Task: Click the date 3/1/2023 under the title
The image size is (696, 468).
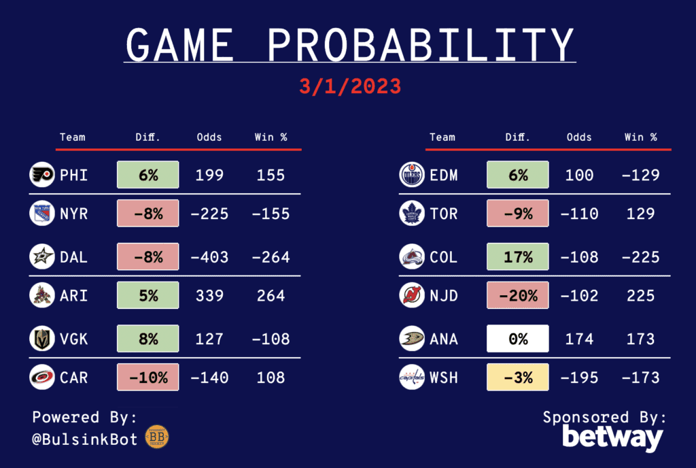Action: click(349, 87)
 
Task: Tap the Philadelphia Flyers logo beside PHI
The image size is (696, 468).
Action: click(41, 175)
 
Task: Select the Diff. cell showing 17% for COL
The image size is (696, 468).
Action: click(518, 257)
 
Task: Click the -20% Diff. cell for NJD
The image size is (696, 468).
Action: click(518, 296)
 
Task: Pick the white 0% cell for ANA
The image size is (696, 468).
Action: click(518, 338)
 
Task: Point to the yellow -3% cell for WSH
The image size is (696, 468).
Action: click(518, 377)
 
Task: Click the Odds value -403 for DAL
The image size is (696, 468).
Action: click(209, 257)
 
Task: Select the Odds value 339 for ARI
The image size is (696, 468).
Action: click(209, 296)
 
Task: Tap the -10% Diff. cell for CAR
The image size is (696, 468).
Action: click(148, 377)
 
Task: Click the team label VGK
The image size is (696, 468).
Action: click(74, 338)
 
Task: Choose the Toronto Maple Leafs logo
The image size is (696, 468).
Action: click(412, 214)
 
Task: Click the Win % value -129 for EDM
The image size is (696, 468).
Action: click(641, 175)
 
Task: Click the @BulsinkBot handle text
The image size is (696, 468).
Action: click(85, 439)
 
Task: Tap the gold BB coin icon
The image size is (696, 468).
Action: click(157, 437)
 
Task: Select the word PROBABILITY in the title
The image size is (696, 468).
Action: click(421, 46)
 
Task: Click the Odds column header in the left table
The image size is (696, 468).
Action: click(209, 137)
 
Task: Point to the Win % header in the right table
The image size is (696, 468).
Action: click(641, 137)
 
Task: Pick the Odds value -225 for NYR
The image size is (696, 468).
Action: click(209, 214)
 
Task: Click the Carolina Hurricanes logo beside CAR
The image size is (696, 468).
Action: click(41, 377)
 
